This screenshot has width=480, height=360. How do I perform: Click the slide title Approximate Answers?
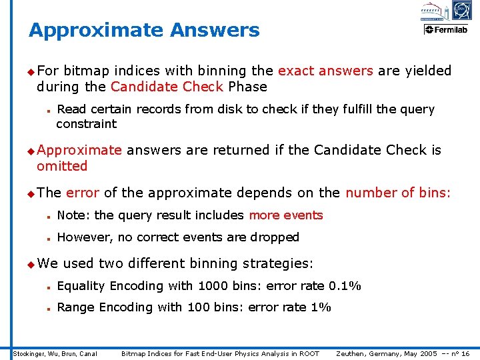coord(144,30)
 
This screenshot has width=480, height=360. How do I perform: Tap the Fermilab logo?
coord(447,30)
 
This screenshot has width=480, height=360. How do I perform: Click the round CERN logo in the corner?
coord(461,10)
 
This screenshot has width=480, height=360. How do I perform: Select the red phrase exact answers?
coord(325,71)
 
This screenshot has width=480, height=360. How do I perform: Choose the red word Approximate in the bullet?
coord(79,150)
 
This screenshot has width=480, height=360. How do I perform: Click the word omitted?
coord(62,166)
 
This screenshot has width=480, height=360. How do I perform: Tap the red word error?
coord(83,193)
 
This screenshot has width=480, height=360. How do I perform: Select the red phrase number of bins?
coord(397,193)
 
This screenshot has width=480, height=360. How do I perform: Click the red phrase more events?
coord(285,215)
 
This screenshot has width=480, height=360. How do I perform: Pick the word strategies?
coord(277,263)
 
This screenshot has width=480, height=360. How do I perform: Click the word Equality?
coord(81,286)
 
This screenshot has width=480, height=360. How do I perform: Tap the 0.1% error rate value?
coord(345,286)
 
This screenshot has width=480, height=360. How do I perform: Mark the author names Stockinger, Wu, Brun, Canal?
coord(56,353)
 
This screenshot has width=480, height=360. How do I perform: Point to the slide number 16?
coord(465,353)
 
